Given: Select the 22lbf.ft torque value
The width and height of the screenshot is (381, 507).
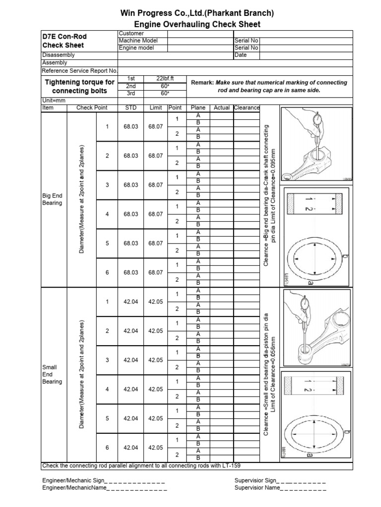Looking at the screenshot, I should point(164,79).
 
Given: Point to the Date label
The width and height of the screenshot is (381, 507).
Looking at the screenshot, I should point(241,55).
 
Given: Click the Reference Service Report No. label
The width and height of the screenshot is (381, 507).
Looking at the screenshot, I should point(79,71).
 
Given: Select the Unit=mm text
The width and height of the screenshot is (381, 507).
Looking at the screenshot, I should point(54,101).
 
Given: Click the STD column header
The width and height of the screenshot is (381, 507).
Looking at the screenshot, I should point(131,108).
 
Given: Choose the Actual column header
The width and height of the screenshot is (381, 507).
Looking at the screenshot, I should point(222,108).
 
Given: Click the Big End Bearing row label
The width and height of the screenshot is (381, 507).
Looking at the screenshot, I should point(53,200).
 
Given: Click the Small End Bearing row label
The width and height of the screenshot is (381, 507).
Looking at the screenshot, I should point(52,375).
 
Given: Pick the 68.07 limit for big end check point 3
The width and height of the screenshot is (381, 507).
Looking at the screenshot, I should point(155,185).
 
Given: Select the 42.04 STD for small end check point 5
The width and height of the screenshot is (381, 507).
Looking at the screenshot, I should point(131,419).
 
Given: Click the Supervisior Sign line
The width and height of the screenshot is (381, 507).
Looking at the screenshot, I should point(280,481).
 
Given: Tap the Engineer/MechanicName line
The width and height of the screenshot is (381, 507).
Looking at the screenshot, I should point(104,488).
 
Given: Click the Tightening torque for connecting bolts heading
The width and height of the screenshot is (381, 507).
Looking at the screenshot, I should point(80,87).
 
